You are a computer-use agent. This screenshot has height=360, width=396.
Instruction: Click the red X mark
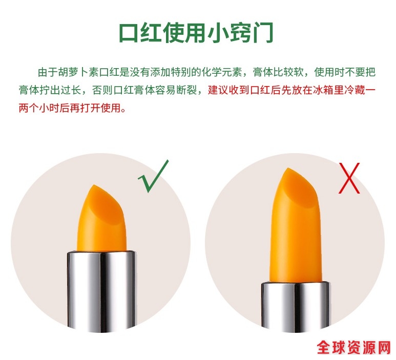tap(349, 178)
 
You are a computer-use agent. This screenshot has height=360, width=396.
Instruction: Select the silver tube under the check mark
tap(101, 290)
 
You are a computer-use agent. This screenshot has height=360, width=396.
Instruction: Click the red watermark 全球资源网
tap(354, 348)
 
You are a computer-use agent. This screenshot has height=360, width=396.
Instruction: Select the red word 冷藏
tap(354, 90)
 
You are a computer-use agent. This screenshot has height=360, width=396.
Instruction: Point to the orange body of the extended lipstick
tap(296, 242)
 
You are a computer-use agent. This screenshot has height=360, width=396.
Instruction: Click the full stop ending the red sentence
tap(123, 111)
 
